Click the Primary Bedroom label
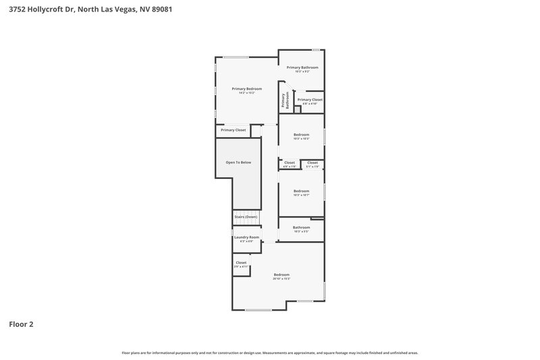coord(246,88)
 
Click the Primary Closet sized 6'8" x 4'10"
coord(310,100)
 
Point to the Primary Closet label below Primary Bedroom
coord(233,130)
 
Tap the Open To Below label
coord(237,163)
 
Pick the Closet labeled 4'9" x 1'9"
coord(289,163)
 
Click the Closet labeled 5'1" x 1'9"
coord(313,163)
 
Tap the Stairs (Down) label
coord(246,217)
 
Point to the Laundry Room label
coord(246,238)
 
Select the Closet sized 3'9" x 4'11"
coord(241,263)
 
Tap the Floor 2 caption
coord(21,324)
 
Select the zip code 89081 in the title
coord(153,9)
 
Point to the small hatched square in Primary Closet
coord(297,109)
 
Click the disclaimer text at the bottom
coord(270,353)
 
